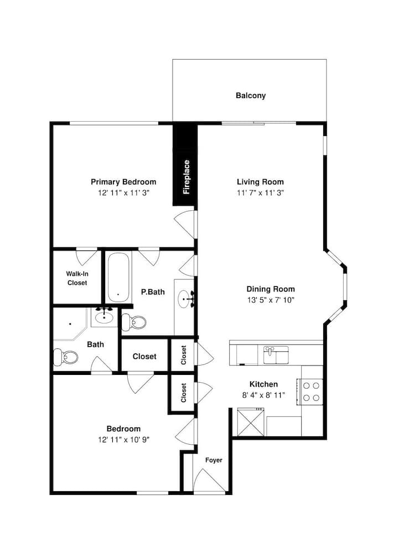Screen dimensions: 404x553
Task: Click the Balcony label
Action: pyautogui.click(x=251, y=96)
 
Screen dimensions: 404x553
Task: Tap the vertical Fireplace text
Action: pyautogui.click(x=187, y=177)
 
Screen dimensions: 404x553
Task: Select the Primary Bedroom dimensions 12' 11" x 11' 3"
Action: pyautogui.click(x=123, y=193)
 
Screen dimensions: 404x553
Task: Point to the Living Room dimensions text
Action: pyautogui.click(x=261, y=193)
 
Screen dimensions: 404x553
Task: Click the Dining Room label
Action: pyautogui.click(x=271, y=289)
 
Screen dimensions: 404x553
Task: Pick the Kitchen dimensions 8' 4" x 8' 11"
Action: pyautogui.click(x=263, y=395)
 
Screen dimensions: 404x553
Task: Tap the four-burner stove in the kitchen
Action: pyautogui.click(x=310, y=392)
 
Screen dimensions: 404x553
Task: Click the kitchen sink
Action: pyautogui.click(x=276, y=355)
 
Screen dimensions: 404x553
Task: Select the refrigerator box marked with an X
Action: pyautogui.click(x=251, y=422)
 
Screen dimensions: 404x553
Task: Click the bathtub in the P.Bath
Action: pyautogui.click(x=118, y=277)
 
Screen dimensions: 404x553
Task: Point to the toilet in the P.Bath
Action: pyautogui.click(x=134, y=322)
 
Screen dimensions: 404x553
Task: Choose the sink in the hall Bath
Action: pyautogui.click(x=104, y=317)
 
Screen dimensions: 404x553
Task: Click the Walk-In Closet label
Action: pyautogui.click(x=77, y=278)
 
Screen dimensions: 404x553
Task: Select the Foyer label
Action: pyautogui.click(x=214, y=460)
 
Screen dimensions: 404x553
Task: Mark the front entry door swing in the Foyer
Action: pyautogui.click(x=209, y=479)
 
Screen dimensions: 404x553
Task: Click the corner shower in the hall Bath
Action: pyautogui.click(x=70, y=324)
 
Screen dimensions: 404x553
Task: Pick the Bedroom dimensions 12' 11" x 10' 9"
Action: pyautogui.click(x=123, y=440)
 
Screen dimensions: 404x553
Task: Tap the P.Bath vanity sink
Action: pyautogui.click(x=185, y=299)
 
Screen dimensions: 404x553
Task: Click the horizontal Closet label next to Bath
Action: pyautogui.click(x=144, y=357)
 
